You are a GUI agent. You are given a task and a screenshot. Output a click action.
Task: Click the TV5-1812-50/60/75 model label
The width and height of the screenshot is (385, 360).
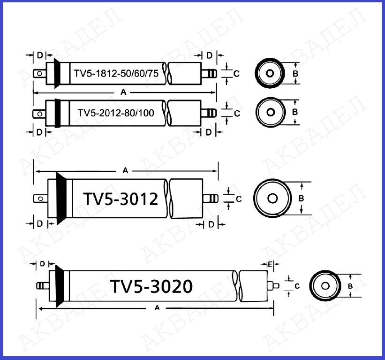(x=116, y=74)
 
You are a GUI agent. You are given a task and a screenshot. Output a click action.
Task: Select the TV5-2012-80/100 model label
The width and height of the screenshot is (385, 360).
(x=116, y=113)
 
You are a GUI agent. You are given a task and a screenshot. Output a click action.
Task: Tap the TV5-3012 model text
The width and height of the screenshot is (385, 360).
(x=121, y=199)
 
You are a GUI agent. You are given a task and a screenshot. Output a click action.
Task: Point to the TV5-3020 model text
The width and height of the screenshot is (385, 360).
(x=151, y=286)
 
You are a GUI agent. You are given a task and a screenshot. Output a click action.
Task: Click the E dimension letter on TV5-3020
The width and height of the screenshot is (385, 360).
(x=270, y=264)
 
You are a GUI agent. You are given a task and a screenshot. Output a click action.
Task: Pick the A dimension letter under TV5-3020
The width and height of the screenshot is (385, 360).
(x=157, y=308)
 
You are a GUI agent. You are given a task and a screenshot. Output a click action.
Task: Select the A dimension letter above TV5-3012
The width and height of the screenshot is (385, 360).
(x=125, y=170)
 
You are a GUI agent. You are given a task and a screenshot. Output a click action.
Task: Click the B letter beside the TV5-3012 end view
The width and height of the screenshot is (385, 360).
(x=301, y=198)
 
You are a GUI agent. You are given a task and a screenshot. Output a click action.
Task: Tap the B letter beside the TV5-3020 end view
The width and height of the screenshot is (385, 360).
(x=350, y=286)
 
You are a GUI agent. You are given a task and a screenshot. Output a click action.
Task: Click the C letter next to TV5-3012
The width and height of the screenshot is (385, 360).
(x=239, y=199)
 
